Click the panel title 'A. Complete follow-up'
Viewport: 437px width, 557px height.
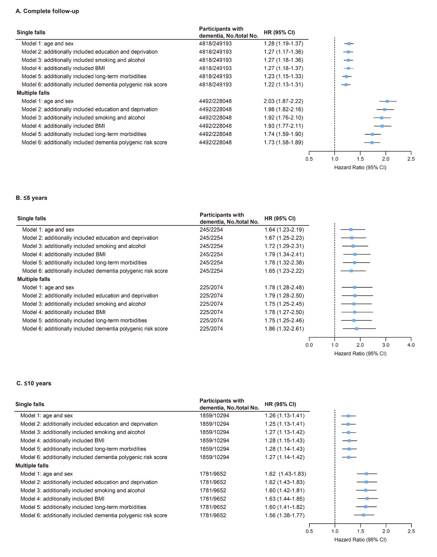click(47, 11)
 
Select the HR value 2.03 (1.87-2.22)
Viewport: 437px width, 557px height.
click(283, 101)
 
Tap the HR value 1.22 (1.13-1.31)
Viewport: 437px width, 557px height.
click(283, 85)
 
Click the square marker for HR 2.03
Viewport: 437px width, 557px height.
click(387, 101)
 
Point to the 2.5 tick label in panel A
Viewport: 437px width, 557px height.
click(411, 159)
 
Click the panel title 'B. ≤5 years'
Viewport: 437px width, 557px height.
click(32, 198)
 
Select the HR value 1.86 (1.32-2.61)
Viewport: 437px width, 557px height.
click(284, 329)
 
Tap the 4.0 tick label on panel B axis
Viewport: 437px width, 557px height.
click(411, 345)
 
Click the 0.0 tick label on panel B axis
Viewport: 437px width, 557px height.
click(309, 345)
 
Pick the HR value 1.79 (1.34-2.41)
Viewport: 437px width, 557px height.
click(284, 254)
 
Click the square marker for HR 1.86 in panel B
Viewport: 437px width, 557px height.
click(356, 329)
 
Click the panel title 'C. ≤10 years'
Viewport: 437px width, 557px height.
click(34, 384)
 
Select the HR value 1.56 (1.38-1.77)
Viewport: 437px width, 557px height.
click(285, 515)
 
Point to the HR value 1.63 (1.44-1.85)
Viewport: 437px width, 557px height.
click(285, 499)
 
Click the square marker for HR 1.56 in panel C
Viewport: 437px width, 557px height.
click(364, 515)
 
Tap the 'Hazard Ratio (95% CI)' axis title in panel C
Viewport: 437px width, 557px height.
click(360, 540)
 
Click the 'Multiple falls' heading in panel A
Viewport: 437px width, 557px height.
click(33, 93)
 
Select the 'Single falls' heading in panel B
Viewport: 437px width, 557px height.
click(32, 218)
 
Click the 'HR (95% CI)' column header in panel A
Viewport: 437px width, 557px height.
click(279, 32)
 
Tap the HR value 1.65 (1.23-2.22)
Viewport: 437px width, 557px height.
click(284, 271)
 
